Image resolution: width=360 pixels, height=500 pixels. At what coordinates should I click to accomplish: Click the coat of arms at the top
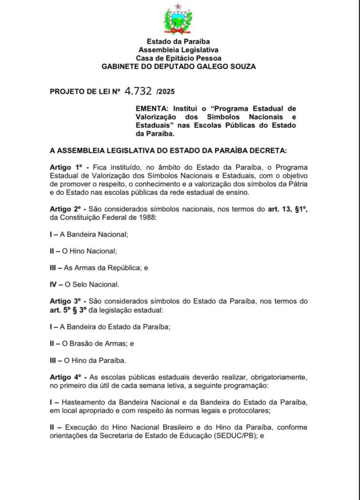[178, 20]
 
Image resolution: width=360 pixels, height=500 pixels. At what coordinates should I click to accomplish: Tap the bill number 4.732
[138, 90]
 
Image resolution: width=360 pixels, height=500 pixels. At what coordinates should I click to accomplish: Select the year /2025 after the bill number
[166, 91]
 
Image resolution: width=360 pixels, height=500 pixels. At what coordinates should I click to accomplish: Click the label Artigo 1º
[65, 167]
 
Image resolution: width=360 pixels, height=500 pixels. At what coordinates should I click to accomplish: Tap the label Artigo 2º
[65, 209]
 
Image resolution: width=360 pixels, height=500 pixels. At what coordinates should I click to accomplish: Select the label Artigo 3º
[65, 301]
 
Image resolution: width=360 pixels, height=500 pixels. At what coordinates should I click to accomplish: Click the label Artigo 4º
[65, 377]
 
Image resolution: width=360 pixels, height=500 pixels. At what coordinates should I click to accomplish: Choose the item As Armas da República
[103, 268]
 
